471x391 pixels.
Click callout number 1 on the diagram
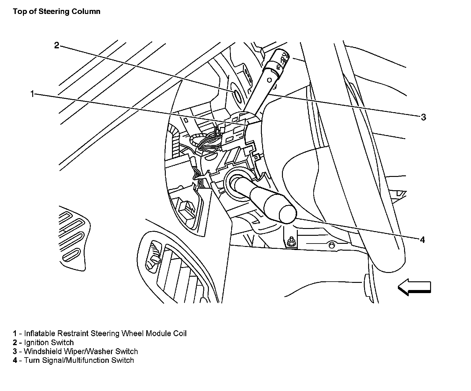(32, 94)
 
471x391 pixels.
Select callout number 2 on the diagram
(56, 46)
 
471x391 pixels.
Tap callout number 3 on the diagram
(423, 117)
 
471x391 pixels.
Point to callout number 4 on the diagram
(422, 239)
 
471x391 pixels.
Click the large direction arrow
(414, 287)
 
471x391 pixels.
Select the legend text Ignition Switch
(49, 342)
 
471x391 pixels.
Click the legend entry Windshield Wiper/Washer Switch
(81, 351)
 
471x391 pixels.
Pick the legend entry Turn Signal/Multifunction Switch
(79, 360)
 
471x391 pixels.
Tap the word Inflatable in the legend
(40, 333)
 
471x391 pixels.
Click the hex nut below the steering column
(291, 239)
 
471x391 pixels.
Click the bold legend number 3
(15, 351)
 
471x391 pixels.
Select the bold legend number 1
(15, 333)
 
